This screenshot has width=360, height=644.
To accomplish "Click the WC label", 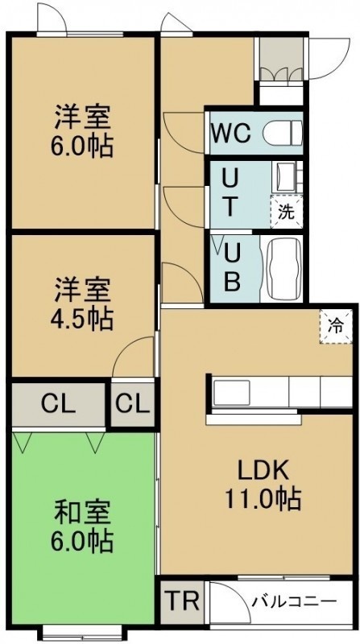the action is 231,133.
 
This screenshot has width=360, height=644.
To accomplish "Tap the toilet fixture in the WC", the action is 283,133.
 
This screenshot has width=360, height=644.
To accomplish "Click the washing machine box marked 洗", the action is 287,212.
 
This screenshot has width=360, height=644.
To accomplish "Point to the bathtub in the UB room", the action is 284,269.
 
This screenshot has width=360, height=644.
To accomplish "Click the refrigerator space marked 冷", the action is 336,327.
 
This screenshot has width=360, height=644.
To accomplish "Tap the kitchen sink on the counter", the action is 232,393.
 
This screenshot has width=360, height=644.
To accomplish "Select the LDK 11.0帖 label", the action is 263,485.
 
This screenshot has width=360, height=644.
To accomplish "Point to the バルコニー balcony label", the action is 294,602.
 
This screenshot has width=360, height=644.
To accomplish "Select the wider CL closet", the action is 58,405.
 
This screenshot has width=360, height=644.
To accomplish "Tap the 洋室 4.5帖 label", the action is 82,304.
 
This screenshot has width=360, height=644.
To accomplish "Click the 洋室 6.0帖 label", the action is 82,130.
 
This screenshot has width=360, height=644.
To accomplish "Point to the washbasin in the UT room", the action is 285,177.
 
